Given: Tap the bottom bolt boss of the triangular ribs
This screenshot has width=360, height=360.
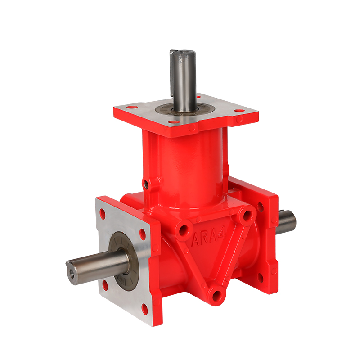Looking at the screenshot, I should [x=218, y=295].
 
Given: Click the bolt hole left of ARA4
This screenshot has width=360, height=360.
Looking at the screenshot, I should [x=183, y=231].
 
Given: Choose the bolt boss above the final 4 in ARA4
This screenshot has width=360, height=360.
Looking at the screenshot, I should [x=245, y=216].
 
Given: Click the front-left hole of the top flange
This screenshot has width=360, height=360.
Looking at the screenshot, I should [x=131, y=108].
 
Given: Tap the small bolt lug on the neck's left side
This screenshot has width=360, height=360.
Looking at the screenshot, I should [x=146, y=184].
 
